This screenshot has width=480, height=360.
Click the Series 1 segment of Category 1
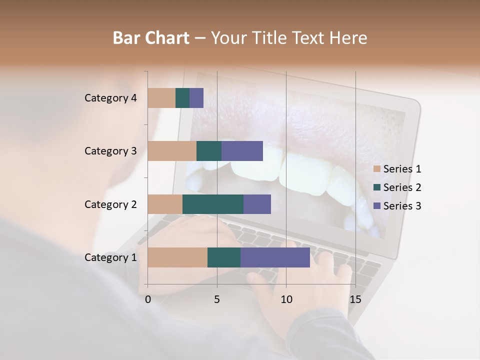click(177, 257)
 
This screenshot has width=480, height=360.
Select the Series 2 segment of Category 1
click(224, 257)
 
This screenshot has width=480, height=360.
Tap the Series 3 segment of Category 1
click(275, 257)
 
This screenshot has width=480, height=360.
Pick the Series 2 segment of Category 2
click(213, 204)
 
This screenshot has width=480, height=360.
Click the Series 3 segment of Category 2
click(257, 204)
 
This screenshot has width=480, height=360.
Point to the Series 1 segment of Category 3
click(172, 151)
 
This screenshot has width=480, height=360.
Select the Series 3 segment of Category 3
click(242, 151)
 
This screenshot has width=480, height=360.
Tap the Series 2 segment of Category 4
click(182, 98)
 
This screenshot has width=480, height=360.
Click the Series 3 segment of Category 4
click(196, 98)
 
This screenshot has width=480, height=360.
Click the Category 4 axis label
click(110, 98)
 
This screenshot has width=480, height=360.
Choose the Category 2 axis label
click(110, 204)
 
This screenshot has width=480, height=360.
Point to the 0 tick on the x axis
click(148, 299)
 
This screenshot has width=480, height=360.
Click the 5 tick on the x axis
click(217, 299)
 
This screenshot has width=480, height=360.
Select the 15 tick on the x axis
click(355, 299)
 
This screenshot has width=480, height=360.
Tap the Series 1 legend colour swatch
click(377, 169)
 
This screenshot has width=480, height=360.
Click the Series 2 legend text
click(402, 187)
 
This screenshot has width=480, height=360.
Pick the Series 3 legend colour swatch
click(377, 206)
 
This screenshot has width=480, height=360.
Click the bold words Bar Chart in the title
click(151, 37)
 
